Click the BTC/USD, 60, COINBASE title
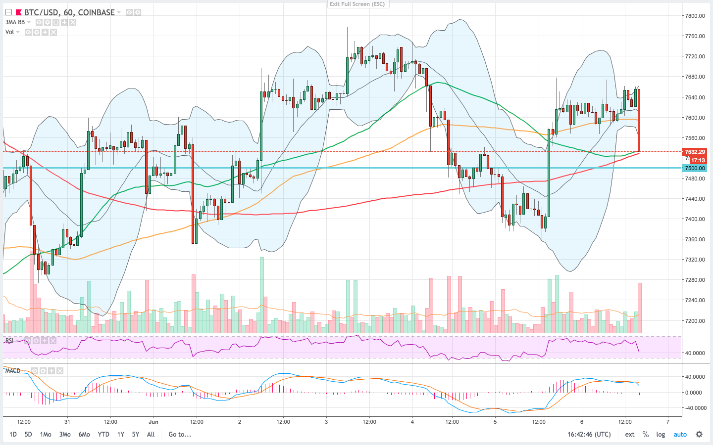(x=69, y=12)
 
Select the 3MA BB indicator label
(x=15, y=22)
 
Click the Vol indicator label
(x=10, y=32)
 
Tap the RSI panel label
(x=9, y=341)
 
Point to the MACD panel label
(x=13, y=370)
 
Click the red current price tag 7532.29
(x=695, y=152)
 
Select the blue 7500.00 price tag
(x=695, y=168)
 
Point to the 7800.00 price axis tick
(x=695, y=16)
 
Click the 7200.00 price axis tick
(x=695, y=320)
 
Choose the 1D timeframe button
(x=13, y=435)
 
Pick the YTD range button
(x=103, y=435)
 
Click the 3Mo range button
(x=65, y=435)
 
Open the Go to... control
(x=180, y=435)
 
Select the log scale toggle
(x=661, y=435)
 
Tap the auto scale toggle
(x=680, y=435)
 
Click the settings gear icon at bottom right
(x=699, y=435)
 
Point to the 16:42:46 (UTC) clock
(x=589, y=435)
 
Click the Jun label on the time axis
(x=153, y=422)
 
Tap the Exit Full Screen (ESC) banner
(x=357, y=4)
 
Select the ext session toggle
(x=630, y=435)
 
